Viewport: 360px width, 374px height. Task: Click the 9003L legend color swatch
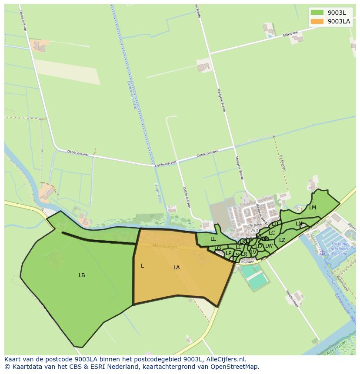point(317,13)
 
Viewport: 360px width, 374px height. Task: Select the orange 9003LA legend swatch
point(317,21)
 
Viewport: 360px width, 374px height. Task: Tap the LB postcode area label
point(82,275)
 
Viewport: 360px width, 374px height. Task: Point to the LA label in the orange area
point(177,268)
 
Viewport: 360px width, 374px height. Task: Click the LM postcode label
point(313,208)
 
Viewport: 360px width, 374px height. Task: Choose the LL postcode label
point(213,239)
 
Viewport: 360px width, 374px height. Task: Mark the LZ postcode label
point(282,240)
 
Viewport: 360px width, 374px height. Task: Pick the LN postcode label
point(299,224)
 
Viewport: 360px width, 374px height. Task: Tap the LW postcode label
point(269,246)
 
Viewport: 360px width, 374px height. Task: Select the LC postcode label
point(272,233)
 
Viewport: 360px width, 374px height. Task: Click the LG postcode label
point(218,248)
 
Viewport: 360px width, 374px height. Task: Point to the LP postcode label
point(229,253)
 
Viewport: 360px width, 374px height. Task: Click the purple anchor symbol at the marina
point(322,253)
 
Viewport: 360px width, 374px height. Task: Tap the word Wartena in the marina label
point(340,253)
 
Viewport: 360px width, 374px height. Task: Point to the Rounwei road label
point(247,261)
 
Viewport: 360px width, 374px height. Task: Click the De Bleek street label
point(253,226)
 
